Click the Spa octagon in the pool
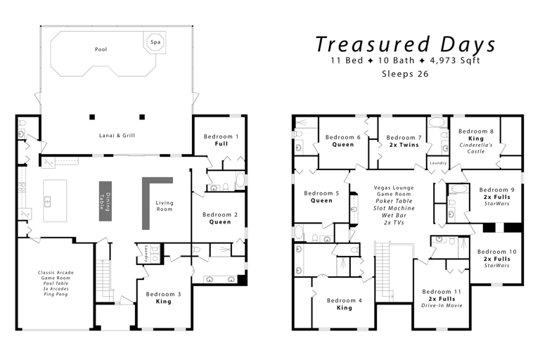pos(155,42)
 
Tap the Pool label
pos(101,49)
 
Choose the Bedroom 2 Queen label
pos(219,218)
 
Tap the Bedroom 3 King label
pos(163,297)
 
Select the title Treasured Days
pos(405,44)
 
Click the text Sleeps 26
pos(404,73)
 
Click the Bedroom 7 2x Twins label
pos(404,141)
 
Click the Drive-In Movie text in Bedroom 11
pos(442,306)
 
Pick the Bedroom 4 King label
pos(345,304)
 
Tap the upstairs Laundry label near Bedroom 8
pos(437,163)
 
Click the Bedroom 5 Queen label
pos(321,196)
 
